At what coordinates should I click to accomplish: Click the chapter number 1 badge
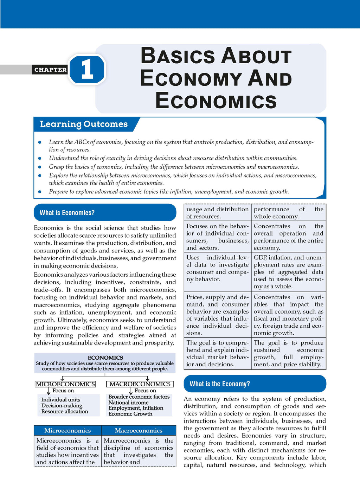[87, 69]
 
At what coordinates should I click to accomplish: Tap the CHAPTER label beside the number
[51, 70]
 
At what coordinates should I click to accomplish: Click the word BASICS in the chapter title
[178, 56]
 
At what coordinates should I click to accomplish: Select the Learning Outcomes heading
[84, 124]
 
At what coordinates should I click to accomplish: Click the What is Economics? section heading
[67, 213]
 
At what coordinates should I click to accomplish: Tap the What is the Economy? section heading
[220, 384]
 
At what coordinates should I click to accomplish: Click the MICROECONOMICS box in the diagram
[65, 384]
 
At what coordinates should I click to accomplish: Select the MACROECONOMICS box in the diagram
[140, 384]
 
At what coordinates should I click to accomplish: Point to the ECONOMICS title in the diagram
[105, 358]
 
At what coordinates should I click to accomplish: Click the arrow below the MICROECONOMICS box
[49, 391]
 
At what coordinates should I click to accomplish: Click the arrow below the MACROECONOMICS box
[130, 391]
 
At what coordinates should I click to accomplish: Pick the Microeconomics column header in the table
[67, 430]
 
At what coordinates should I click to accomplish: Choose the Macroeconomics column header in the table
[139, 430]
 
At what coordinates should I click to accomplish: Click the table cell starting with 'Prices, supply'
[217, 315]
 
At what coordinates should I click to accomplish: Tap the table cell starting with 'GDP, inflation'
[288, 272]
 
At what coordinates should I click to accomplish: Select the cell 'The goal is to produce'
[288, 353]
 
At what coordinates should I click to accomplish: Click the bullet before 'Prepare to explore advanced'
[40, 192]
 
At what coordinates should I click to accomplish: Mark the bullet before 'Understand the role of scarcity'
[40, 159]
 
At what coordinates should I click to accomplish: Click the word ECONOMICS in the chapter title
[216, 101]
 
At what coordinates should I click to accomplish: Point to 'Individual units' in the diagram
[61, 399]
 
